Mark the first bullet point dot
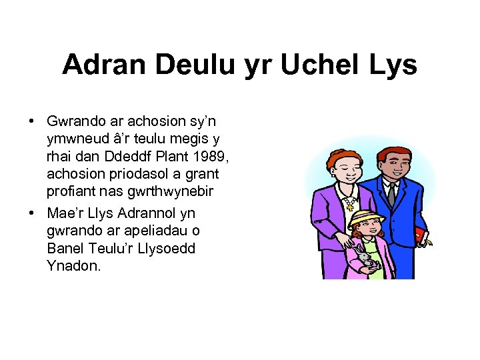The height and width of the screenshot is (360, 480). (x=32, y=121)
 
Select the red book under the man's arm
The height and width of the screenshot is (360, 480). (x=420, y=235)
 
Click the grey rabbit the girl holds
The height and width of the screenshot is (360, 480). (x=365, y=257)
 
